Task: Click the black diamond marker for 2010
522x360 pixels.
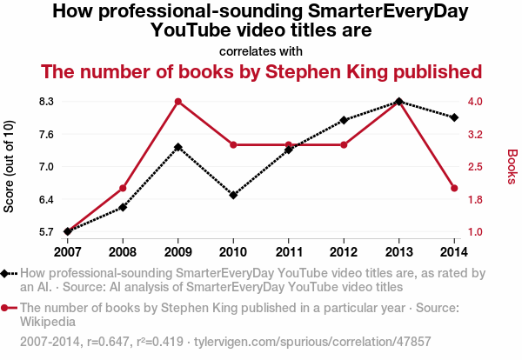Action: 233,195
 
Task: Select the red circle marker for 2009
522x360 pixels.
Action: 178,102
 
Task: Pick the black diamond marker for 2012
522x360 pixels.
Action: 344,120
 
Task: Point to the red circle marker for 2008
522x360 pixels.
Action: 123,188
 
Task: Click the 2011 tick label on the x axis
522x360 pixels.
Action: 289,251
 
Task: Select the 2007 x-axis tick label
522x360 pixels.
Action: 68,251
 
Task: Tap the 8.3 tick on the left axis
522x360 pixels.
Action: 46,102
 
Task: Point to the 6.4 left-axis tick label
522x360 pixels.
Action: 46,200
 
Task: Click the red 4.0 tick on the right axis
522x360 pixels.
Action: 478,102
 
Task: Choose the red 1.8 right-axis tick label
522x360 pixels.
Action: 478,200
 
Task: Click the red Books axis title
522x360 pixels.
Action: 512,166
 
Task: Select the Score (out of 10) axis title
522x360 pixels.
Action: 10,166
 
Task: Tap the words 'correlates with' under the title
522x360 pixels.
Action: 261,51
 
